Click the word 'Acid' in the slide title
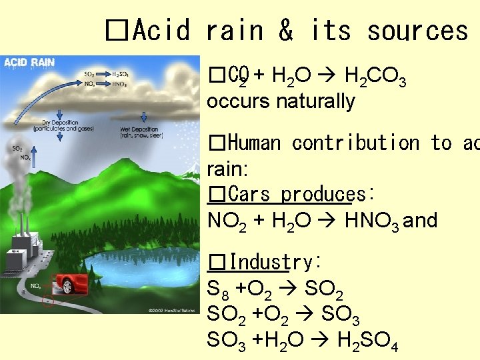click(x=161, y=31)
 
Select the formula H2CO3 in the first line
click(x=375, y=78)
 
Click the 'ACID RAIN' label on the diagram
click(x=29, y=63)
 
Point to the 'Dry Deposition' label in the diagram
click(x=60, y=125)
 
